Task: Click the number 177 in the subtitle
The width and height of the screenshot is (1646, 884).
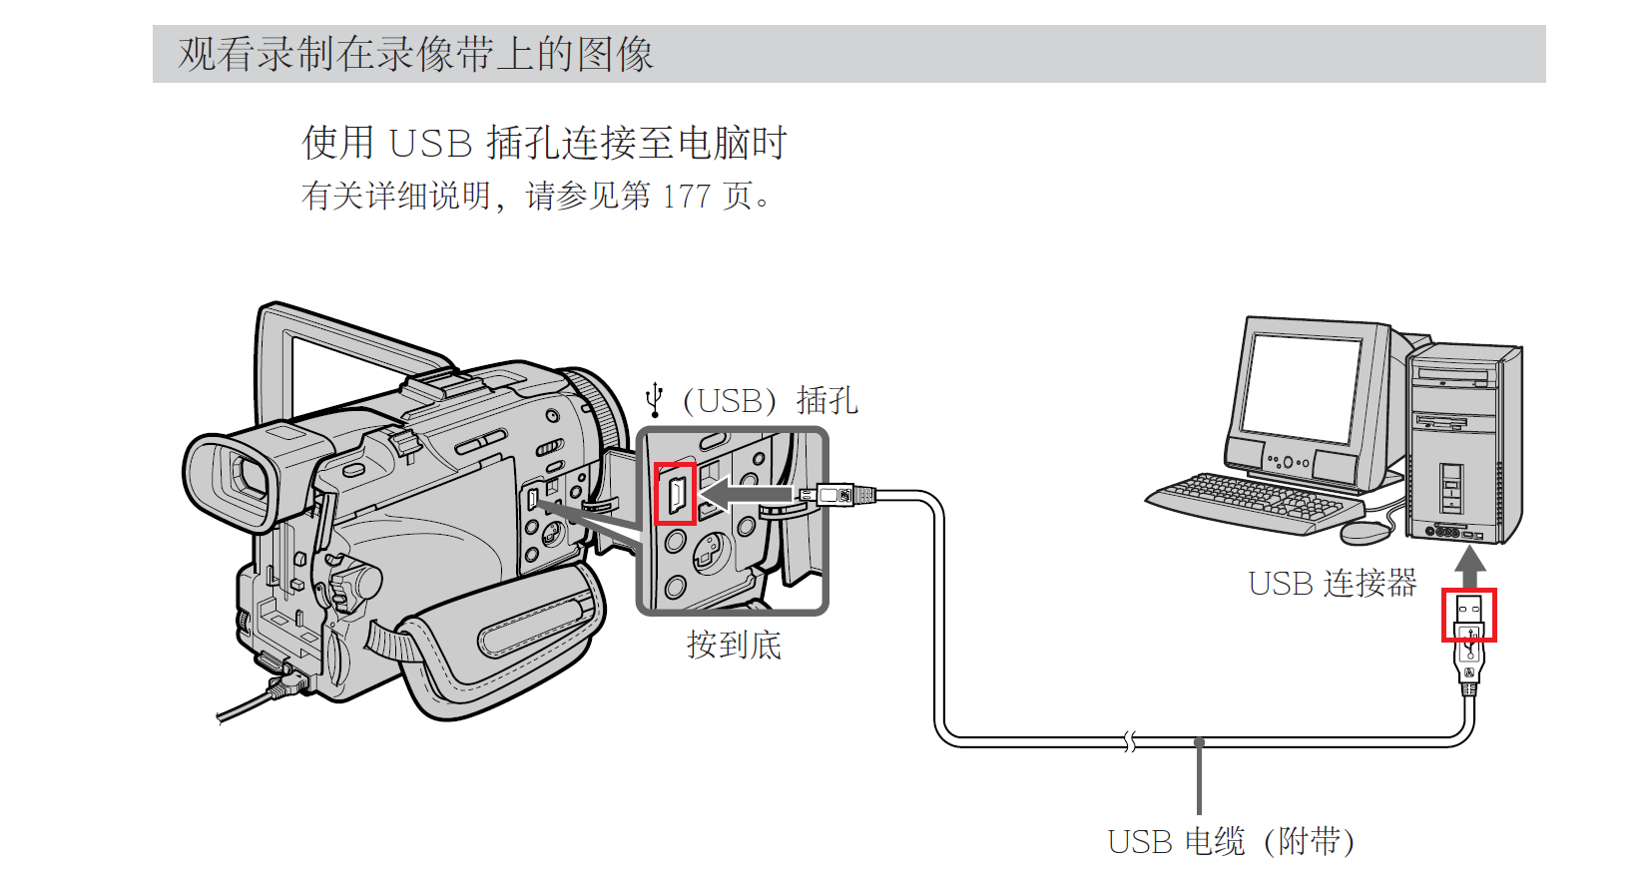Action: point(686,196)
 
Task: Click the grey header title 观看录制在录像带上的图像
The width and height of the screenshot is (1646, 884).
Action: point(415,54)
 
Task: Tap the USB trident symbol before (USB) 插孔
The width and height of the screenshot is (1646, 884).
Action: point(655,399)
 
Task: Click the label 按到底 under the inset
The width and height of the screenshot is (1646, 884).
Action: point(734,645)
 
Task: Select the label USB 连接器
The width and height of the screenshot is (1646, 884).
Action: point(1332,583)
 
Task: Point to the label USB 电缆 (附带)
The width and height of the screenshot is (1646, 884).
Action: point(1231,841)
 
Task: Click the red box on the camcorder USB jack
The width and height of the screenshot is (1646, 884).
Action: point(675,494)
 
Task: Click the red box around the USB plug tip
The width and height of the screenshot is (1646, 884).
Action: point(1468,615)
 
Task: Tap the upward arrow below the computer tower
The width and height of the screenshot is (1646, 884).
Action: point(1469,567)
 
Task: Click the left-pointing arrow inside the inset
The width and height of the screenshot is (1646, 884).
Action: point(744,494)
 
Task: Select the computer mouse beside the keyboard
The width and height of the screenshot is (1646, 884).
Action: point(1365,532)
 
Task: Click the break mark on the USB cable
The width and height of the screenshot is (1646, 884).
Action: point(1129,741)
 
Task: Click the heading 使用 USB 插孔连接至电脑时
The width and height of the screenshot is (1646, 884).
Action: point(544,143)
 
